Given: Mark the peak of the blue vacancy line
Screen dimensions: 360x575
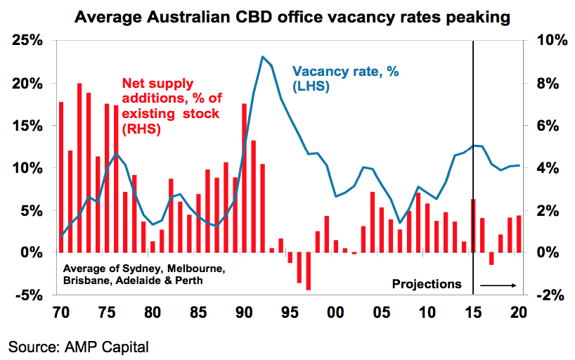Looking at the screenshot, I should click(x=262, y=57).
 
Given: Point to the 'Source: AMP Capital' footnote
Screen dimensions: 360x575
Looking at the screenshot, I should click(x=79, y=347).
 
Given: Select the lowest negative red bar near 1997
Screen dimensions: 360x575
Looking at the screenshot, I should click(x=308, y=271).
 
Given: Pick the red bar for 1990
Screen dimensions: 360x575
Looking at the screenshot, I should click(x=244, y=177).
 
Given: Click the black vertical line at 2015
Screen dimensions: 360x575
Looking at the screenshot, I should click(x=473, y=162).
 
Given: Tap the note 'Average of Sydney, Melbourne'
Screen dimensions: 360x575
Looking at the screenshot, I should click(x=143, y=269).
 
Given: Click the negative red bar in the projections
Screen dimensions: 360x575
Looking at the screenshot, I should click(x=491, y=259).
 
